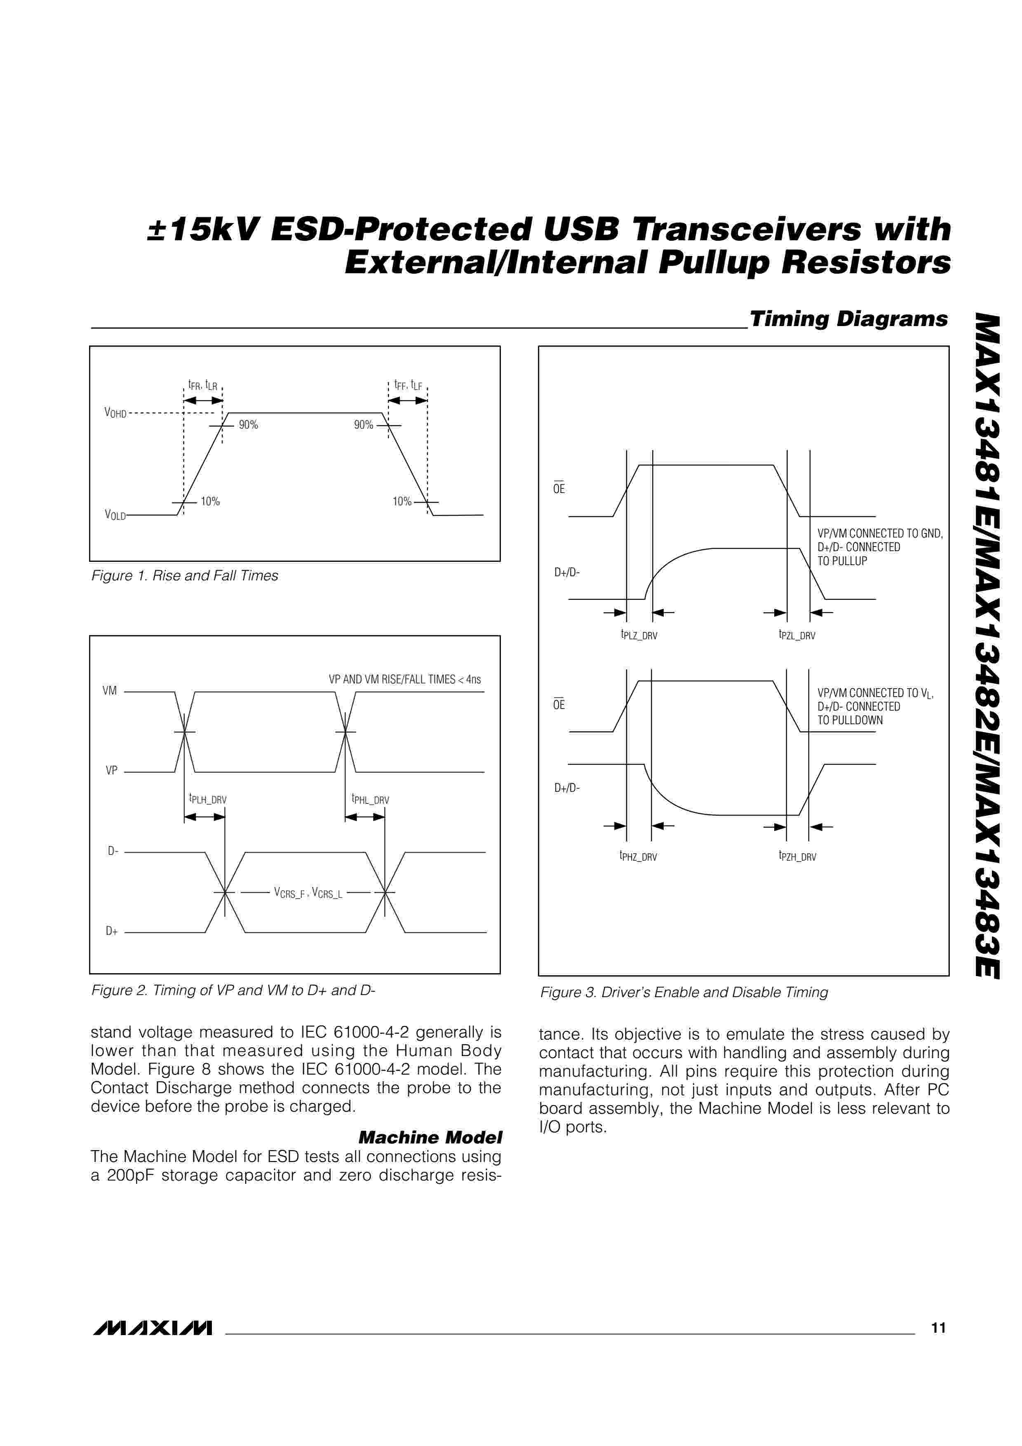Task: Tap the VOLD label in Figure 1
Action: pyautogui.click(x=115, y=515)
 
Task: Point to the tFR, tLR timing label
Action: pyautogui.click(x=203, y=385)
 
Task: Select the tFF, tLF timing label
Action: pyautogui.click(x=408, y=385)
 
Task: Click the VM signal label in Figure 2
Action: pyautogui.click(x=110, y=691)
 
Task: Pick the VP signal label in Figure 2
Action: pyautogui.click(x=111, y=770)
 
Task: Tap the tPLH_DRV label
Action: pyautogui.click(x=208, y=799)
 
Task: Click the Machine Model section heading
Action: pyautogui.click(x=430, y=1137)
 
